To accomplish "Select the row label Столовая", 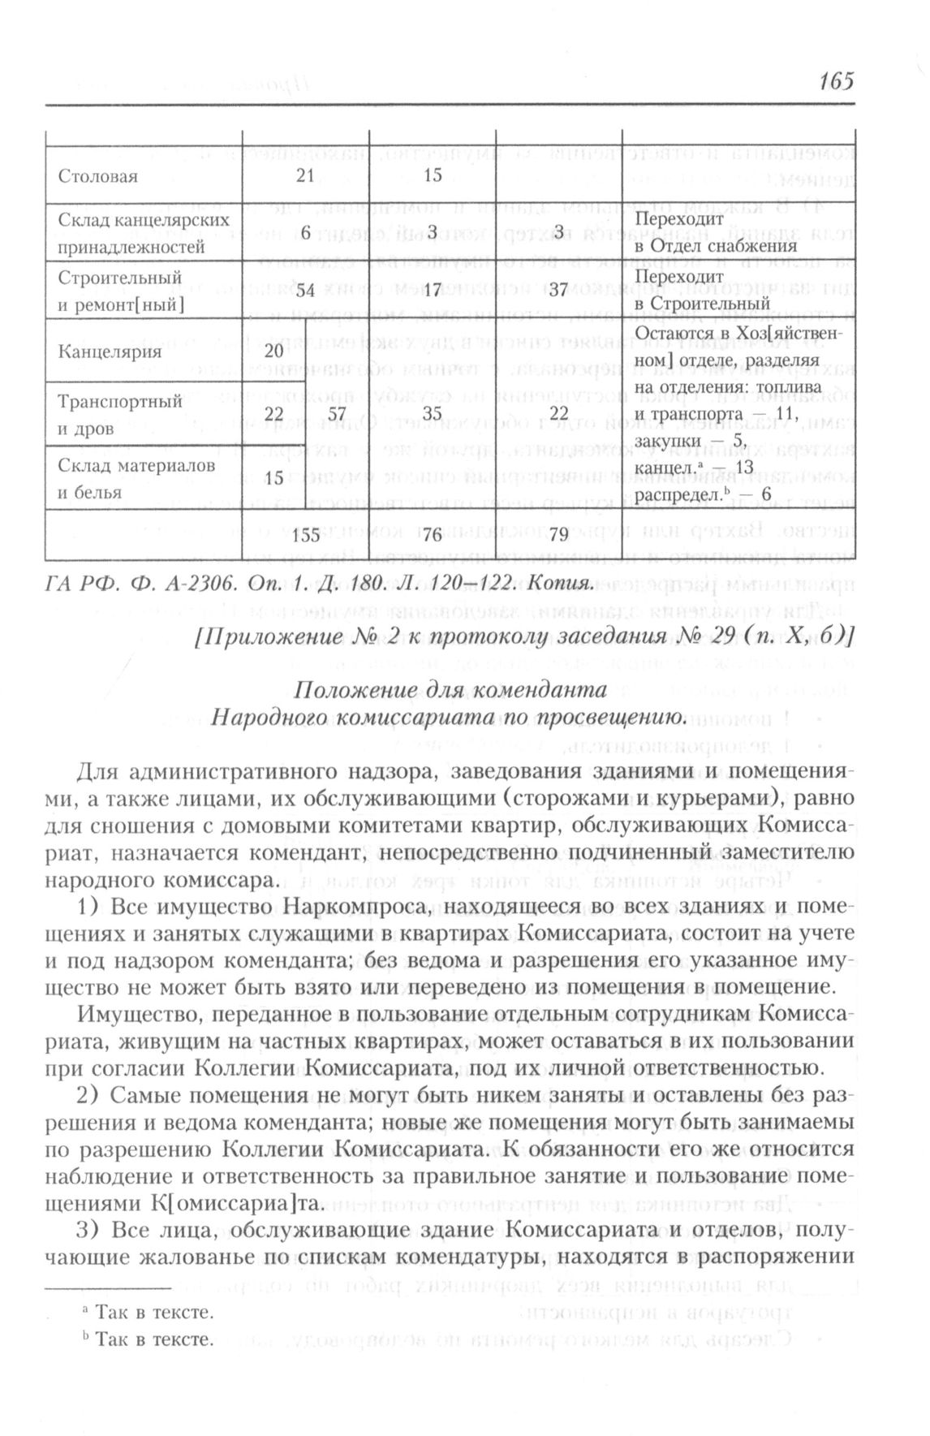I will [98, 177].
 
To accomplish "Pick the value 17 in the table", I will [432, 291].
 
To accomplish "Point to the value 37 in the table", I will [558, 291].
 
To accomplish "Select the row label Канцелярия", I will [110, 352].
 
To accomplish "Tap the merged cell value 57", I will [335, 414].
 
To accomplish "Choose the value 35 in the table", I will [432, 414].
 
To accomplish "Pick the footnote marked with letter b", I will [152, 1340].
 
